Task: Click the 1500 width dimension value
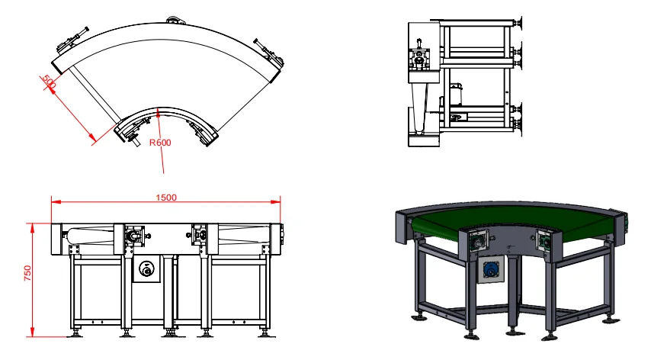point(166,197)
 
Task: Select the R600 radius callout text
point(159,143)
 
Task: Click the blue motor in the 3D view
point(489,272)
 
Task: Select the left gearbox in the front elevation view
point(133,236)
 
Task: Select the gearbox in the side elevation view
point(418,58)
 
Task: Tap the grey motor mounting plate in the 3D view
point(489,273)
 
